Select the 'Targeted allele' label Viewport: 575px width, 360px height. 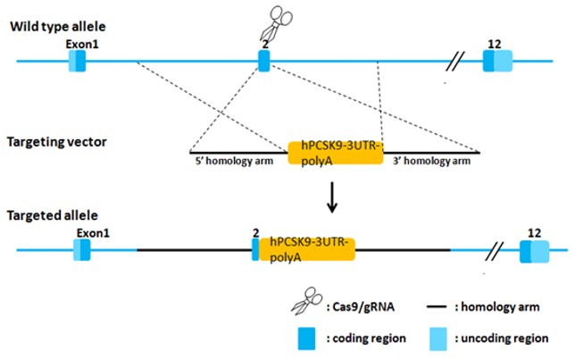pyautogui.click(x=48, y=216)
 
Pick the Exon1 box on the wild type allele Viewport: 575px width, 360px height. pyautogui.click(x=79, y=61)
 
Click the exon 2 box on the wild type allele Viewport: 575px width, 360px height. pyautogui.click(x=263, y=61)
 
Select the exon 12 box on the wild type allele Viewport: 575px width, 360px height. pyautogui.click(x=497, y=61)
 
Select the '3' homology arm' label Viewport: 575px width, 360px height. pyautogui.click(x=432, y=162)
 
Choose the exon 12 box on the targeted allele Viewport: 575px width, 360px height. pyautogui.click(x=535, y=251)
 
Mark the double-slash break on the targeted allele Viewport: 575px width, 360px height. pyautogui.click(x=496, y=249)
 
